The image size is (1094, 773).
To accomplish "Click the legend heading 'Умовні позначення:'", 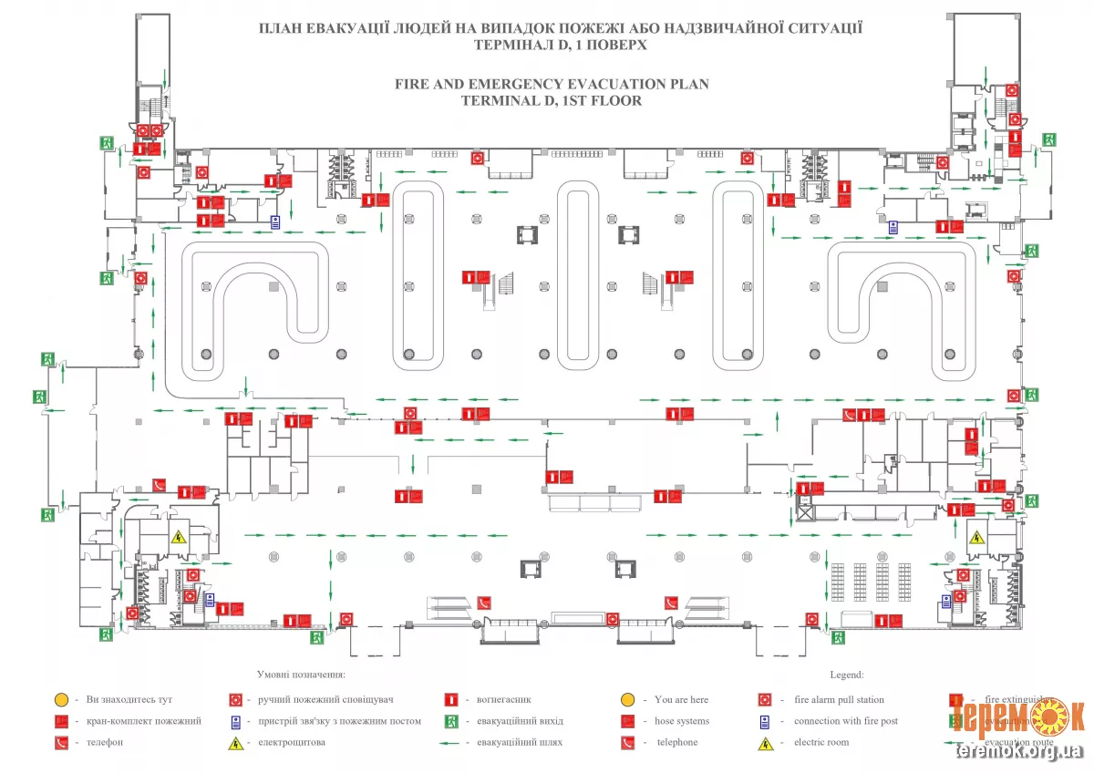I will pyautogui.click(x=300, y=675).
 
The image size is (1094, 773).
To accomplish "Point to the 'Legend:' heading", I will pyautogui.click(x=846, y=675).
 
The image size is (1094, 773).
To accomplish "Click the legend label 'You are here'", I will pyautogui.click(x=681, y=699).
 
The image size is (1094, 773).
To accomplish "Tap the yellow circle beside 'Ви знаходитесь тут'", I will pyautogui.click(x=60, y=700).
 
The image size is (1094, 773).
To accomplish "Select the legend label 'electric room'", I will pyautogui.click(x=821, y=742).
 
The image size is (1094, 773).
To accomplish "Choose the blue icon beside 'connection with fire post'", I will pyautogui.click(x=766, y=721).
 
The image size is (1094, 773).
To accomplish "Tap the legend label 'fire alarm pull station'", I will pyautogui.click(x=839, y=699).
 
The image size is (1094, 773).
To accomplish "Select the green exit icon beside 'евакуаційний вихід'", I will pyautogui.click(x=450, y=721).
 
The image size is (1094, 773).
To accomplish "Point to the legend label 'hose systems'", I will pyautogui.click(x=681, y=721).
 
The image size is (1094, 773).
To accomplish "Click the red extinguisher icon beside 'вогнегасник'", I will pyautogui.click(x=450, y=700).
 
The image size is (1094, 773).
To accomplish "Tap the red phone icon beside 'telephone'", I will pyautogui.click(x=627, y=743).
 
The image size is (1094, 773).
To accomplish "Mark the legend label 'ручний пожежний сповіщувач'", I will pyautogui.click(x=325, y=699).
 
